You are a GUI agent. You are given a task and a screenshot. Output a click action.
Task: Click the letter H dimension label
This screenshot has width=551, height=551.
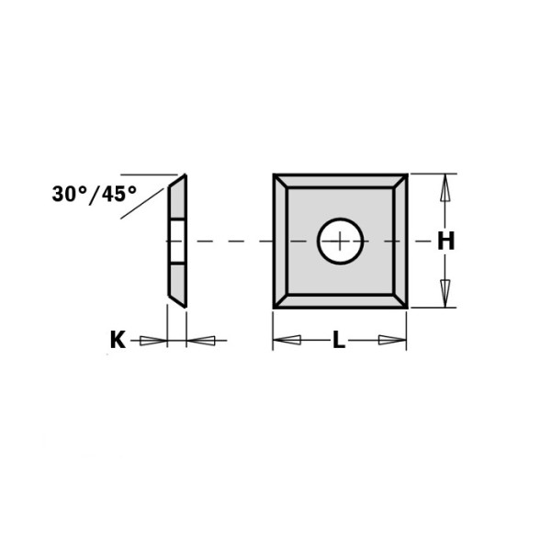445,242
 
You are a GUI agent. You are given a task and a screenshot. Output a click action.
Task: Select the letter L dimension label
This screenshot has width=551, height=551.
339,341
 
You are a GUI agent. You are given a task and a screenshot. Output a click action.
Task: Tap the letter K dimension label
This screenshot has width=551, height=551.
118,341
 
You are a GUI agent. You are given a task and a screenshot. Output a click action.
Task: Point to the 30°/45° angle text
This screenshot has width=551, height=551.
95,194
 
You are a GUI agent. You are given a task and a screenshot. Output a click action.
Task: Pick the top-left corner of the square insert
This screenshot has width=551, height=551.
274,174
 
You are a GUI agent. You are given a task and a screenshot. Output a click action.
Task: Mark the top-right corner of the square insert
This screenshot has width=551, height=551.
407,174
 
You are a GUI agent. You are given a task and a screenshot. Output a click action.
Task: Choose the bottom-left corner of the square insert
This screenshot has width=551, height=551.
274,309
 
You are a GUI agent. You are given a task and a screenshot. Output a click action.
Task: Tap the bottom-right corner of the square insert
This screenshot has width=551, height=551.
407,309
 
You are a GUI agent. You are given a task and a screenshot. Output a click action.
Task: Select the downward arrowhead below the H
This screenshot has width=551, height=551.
445,293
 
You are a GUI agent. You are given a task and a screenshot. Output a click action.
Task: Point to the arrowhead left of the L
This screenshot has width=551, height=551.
288,341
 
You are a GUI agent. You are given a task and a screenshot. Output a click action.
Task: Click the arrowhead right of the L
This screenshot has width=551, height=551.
391,341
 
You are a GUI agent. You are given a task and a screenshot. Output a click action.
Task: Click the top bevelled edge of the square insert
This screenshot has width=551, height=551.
341,182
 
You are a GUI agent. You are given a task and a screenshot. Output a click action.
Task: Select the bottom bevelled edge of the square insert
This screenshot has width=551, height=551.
341,302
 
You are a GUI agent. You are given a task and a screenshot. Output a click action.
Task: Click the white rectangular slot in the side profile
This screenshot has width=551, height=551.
176,242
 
